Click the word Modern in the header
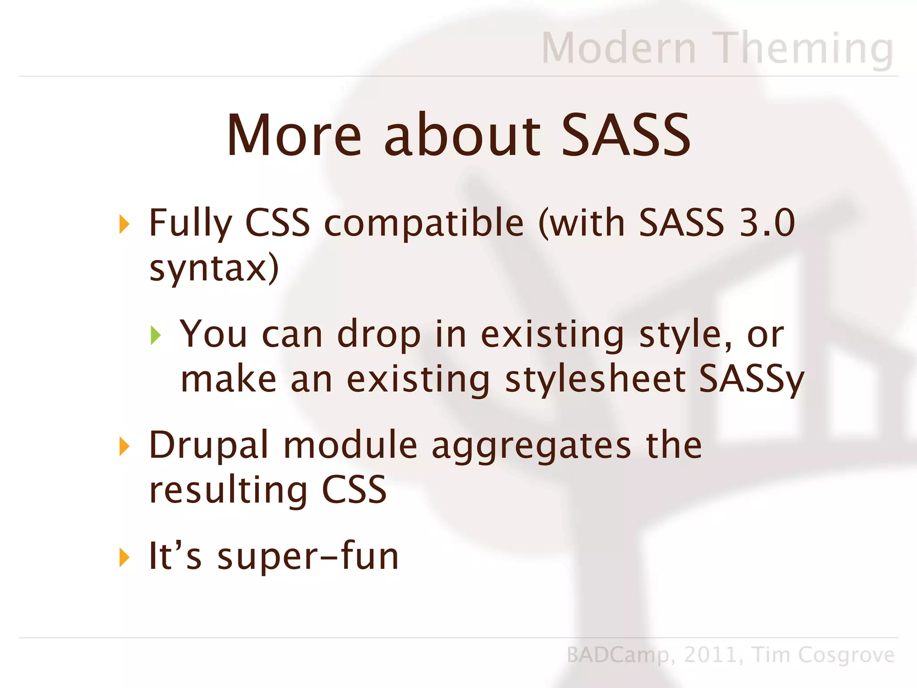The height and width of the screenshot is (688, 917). coord(619,48)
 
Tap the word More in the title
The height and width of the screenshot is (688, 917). coord(294,136)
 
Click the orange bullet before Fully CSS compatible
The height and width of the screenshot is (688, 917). coord(124,224)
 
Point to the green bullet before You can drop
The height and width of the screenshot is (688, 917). coord(155,335)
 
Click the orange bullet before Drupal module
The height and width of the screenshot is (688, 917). coord(124,446)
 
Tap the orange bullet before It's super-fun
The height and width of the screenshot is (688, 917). coord(124,557)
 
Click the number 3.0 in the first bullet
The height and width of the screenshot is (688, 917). coord(767,223)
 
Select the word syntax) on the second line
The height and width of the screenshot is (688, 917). coord(214,269)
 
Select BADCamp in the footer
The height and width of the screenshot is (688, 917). coord(618,655)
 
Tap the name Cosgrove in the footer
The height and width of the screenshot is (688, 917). coord(846,655)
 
